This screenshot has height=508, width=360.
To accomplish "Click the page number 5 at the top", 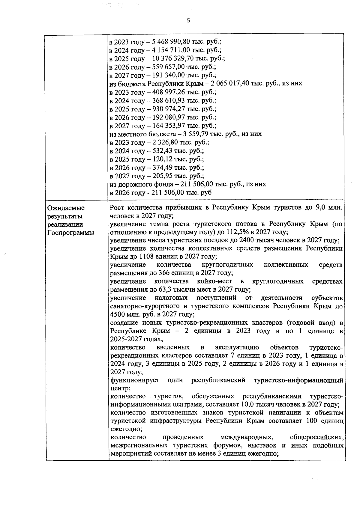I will tap(188, 21).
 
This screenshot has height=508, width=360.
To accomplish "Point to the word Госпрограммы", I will tap(71, 233).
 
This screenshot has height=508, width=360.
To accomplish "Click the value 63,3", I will tap(169, 290).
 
